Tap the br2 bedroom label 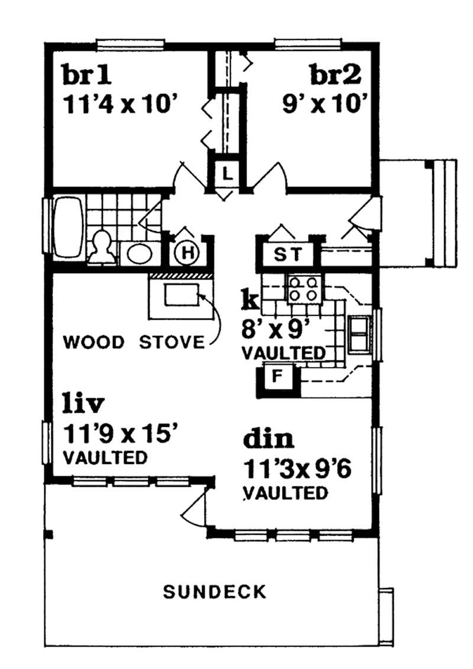336,76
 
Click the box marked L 226,174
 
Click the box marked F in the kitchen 276,377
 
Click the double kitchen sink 358,334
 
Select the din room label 268,439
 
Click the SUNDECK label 215,592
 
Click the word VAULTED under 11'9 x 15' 104,457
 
